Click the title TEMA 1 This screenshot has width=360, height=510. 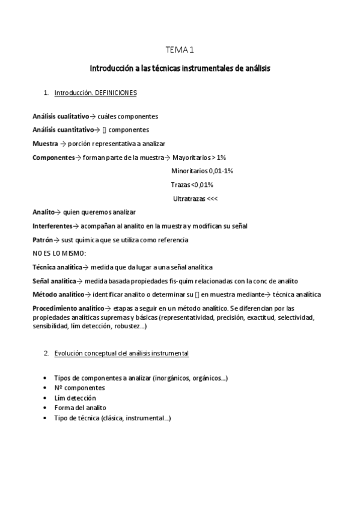[180, 52]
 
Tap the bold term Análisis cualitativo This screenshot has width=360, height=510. [61, 116]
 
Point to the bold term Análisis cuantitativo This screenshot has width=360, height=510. [63, 129]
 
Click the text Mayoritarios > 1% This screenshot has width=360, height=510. [198, 157]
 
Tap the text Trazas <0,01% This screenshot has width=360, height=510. [192, 185]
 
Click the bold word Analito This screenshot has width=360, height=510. [43, 212]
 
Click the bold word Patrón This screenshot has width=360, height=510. [43, 239]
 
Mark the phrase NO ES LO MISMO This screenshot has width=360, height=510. [59, 253]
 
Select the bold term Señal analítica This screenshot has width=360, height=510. [54, 281]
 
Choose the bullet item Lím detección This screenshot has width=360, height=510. [75, 398]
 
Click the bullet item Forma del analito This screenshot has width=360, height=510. [80, 408]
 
